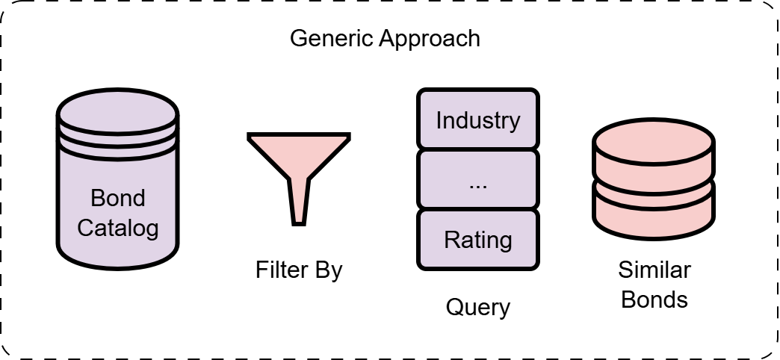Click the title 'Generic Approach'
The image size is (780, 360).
(x=385, y=38)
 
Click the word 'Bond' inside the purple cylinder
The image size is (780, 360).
(x=118, y=198)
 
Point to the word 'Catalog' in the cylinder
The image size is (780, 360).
(x=118, y=227)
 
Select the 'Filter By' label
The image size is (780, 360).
(x=299, y=269)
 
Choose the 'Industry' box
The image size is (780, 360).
(x=477, y=120)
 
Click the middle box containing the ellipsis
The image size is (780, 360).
(x=477, y=179)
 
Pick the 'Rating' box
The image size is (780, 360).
(x=477, y=240)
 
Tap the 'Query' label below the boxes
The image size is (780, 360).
(x=477, y=307)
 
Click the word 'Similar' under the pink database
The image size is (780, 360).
(x=654, y=270)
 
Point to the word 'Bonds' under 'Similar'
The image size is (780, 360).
(x=654, y=299)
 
